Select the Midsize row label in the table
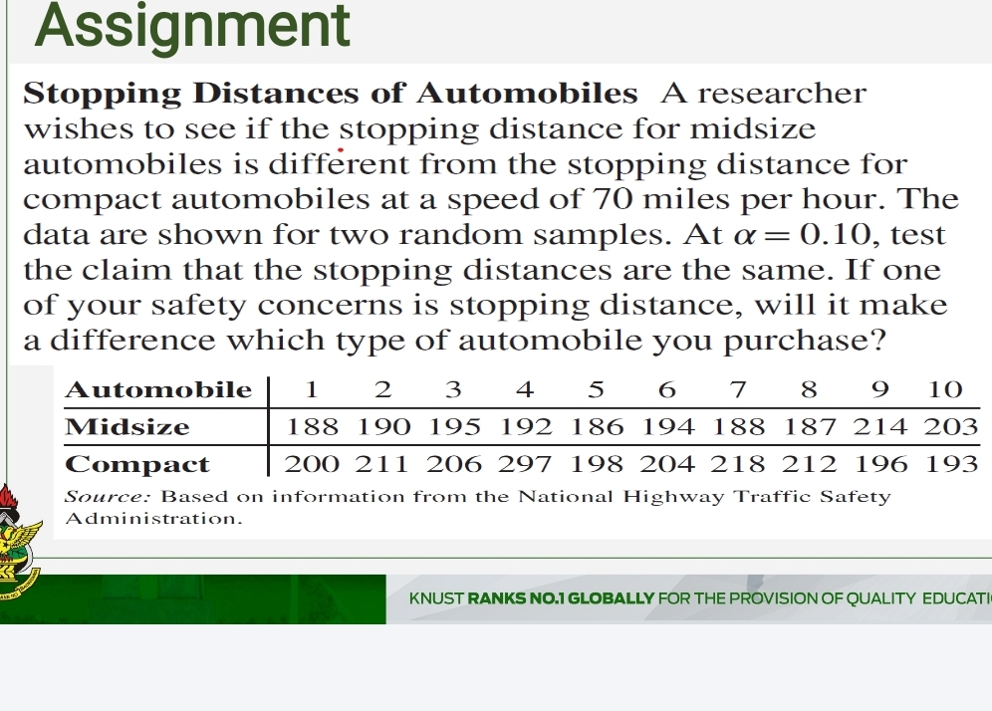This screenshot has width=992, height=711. tap(126, 427)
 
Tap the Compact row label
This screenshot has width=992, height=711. tap(137, 464)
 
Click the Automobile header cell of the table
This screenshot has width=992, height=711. tap(157, 389)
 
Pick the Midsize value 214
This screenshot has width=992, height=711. tap(881, 427)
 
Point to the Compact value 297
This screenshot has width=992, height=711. tap(526, 464)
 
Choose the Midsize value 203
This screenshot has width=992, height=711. tap(953, 427)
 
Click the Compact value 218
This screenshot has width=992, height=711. tap(739, 464)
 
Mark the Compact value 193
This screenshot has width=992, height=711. tap(953, 464)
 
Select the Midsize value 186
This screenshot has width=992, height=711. tap(597, 427)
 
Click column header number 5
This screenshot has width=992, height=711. tap(597, 389)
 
